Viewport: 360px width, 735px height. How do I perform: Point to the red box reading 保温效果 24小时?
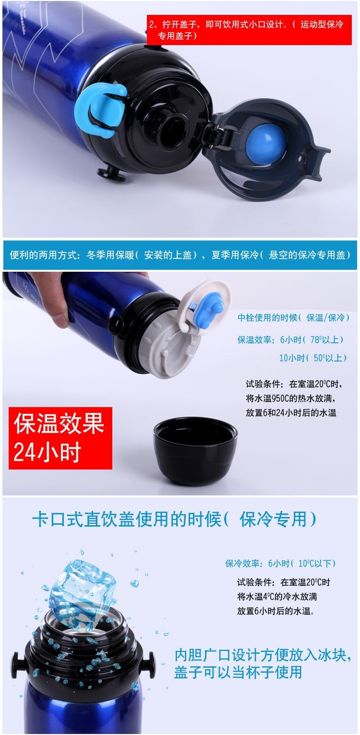coord(60,438)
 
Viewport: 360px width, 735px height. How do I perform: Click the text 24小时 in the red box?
coord(47,452)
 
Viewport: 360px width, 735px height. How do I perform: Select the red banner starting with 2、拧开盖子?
coord(249,30)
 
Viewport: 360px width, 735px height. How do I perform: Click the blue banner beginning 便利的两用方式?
coord(180,255)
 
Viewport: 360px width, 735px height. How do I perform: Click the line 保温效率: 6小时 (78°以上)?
coord(290,339)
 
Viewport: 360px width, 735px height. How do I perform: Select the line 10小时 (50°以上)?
coord(313,358)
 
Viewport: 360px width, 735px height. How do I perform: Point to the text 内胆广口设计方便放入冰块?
coord(263,655)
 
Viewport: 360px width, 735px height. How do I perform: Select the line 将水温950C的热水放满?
coord(290,398)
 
